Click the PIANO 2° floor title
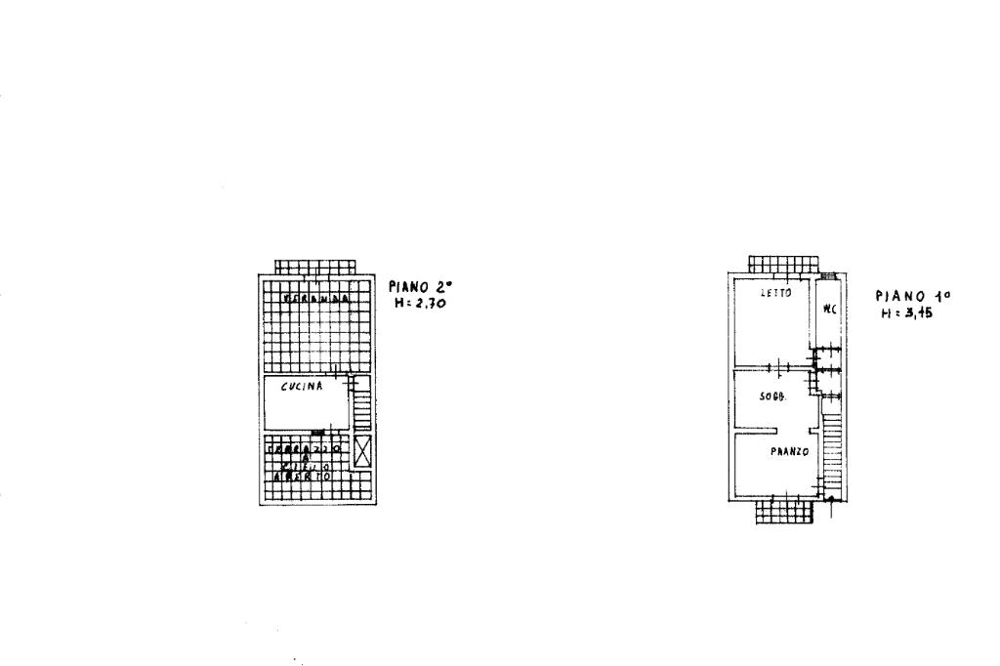[422, 287]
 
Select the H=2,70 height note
[421, 303]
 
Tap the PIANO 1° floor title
[912, 296]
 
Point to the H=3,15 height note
[908, 312]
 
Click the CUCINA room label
[302, 387]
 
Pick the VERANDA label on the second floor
[315, 299]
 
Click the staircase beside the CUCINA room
[362, 405]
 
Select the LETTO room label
[775, 293]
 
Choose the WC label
[829, 311]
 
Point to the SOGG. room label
[774, 396]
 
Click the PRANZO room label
[787, 451]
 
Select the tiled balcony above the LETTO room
[782, 265]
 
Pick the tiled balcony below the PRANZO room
[784, 513]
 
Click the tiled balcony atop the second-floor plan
[314, 267]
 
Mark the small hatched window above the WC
[828, 275]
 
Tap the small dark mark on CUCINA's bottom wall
[317, 432]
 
